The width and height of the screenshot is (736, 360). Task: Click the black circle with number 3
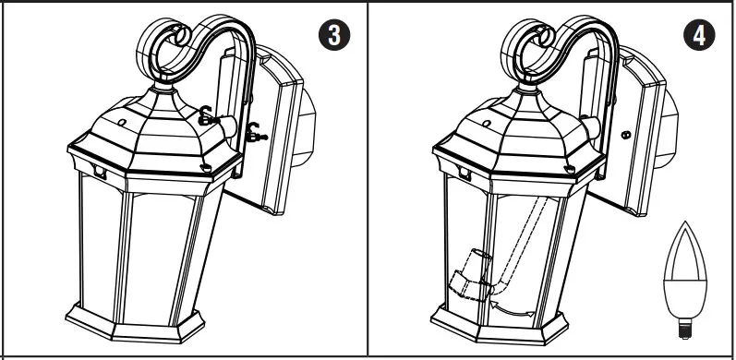pos(334,35)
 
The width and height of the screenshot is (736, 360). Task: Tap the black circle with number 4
pos(699,35)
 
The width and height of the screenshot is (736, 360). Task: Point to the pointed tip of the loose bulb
pos(685,222)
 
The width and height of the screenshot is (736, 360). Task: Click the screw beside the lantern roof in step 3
pos(207,118)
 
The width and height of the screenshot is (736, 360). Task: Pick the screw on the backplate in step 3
pos(257,134)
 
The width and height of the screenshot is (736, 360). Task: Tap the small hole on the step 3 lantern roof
pos(122,123)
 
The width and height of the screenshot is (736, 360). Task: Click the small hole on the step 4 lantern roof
pos(487,124)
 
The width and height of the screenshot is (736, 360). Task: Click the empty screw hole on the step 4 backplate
pos(625,135)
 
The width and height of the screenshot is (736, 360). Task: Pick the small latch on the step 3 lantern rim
pos(100,172)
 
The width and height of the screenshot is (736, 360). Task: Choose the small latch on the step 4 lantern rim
pos(465,173)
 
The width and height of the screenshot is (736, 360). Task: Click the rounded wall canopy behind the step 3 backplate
pos(306,126)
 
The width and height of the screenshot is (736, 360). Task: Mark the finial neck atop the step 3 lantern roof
pos(163,86)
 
